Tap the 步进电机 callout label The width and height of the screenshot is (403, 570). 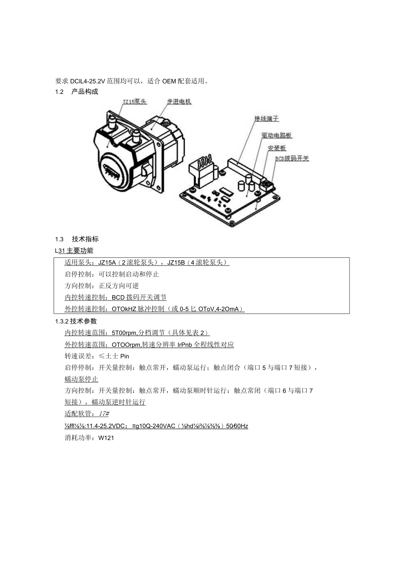point(179,102)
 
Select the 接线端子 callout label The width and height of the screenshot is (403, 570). point(267,119)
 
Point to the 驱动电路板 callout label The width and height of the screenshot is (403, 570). point(276,136)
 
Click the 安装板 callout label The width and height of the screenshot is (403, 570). point(277,149)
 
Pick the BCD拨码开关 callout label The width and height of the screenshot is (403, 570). point(292,159)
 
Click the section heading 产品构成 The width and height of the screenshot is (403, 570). point(85,92)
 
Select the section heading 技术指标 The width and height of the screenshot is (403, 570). point(85,239)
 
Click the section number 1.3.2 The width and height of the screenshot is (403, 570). point(62,321)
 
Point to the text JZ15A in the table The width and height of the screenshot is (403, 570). point(107,262)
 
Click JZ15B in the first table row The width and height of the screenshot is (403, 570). point(176,262)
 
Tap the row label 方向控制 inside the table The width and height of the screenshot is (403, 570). point(78,286)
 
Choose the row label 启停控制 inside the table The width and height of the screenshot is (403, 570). point(78,274)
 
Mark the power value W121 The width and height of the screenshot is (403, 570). point(106,437)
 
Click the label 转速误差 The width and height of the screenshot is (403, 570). point(78,356)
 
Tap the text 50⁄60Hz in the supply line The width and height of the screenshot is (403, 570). point(237,425)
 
